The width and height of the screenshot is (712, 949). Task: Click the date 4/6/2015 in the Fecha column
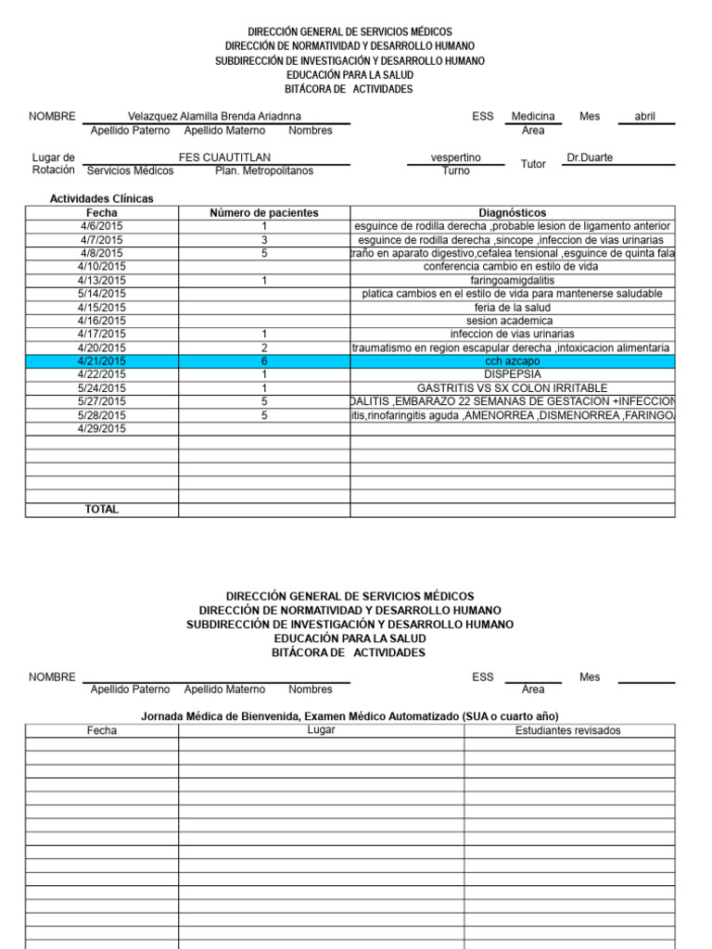(x=102, y=226)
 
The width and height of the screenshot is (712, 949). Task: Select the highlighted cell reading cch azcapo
(x=512, y=361)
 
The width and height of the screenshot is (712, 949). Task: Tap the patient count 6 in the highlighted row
(x=264, y=361)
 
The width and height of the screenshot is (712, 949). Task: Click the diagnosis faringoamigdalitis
(x=512, y=280)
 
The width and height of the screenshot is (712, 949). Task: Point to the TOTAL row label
(x=102, y=509)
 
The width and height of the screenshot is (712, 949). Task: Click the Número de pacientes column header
(x=264, y=212)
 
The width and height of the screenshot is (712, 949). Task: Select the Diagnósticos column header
(x=512, y=212)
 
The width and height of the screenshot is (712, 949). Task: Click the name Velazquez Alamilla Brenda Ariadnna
(x=216, y=117)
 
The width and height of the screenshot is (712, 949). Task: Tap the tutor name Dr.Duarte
(x=590, y=158)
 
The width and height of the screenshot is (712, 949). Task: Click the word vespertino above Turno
(x=456, y=158)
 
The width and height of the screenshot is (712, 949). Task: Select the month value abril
(x=644, y=117)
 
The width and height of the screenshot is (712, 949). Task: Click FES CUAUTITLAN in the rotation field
(x=224, y=158)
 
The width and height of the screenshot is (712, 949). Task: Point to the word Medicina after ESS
(x=533, y=117)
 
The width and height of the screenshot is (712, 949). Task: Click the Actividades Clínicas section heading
(x=102, y=198)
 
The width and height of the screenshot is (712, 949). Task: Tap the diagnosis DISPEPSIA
(x=512, y=374)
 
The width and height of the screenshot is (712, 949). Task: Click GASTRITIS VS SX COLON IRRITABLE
(x=512, y=387)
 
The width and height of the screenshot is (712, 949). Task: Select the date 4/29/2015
(x=102, y=428)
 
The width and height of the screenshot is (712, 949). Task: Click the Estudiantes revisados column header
(x=568, y=730)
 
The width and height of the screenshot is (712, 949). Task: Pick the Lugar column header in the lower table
(x=321, y=730)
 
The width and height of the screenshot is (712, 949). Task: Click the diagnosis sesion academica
(x=512, y=321)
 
